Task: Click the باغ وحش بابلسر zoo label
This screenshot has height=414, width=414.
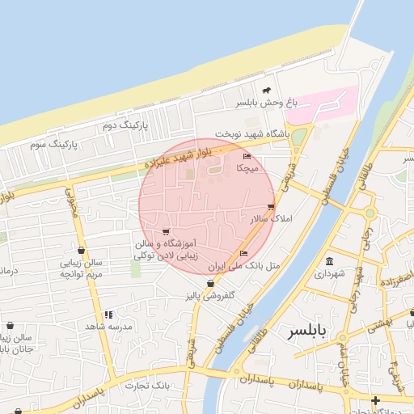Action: point(267,103)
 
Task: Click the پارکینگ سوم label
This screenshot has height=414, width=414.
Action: point(53,144)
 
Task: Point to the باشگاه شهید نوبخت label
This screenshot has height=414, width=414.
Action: point(252,133)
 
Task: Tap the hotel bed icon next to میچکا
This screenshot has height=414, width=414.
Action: point(247,156)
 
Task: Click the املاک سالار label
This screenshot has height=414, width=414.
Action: point(272,219)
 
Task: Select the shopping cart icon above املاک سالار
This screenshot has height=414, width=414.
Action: point(271,207)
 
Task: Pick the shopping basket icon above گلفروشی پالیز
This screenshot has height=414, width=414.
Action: point(211,283)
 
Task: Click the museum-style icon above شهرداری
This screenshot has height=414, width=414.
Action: point(330,261)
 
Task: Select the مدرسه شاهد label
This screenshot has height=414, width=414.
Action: point(109,326)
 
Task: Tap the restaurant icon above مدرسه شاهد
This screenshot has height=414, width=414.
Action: point(108,315)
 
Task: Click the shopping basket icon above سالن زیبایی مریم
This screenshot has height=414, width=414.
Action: point(82,251)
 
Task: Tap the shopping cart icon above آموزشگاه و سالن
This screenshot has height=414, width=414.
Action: point(166,231)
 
